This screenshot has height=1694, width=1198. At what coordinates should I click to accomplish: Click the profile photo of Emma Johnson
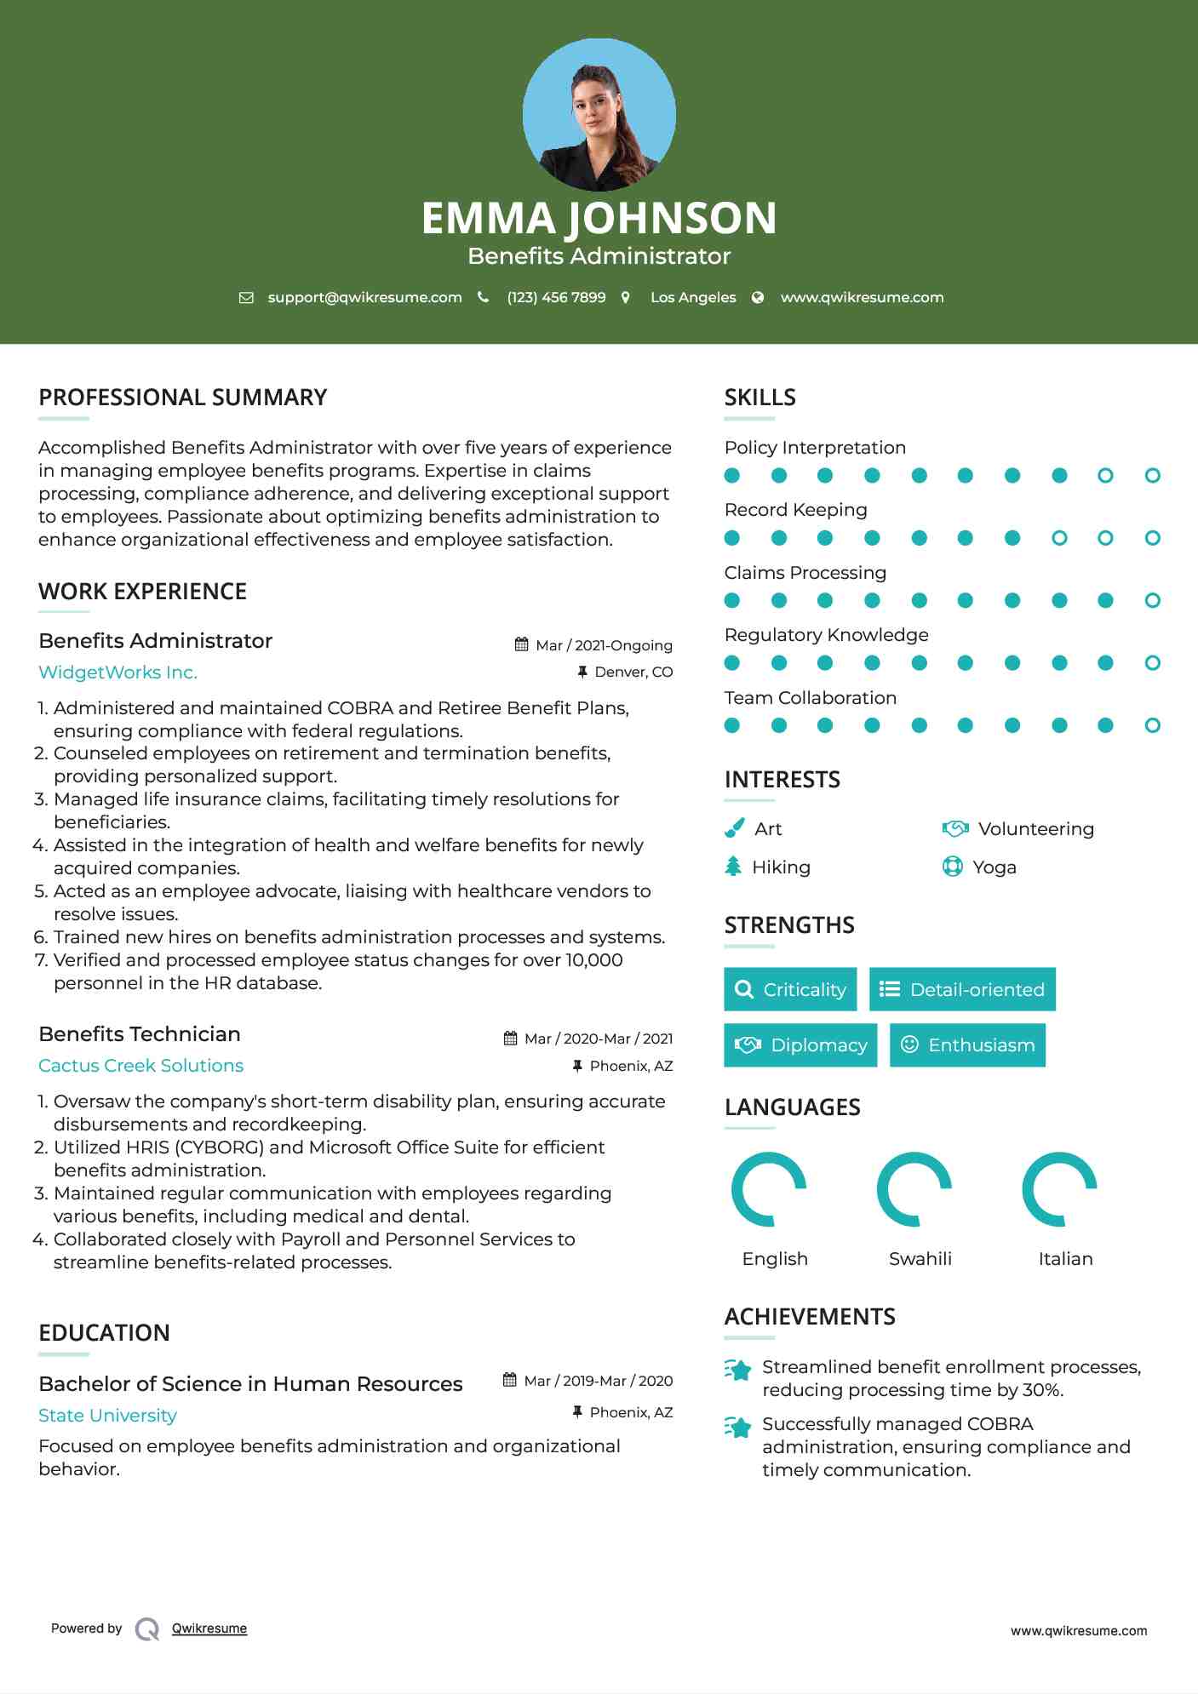(599, 114)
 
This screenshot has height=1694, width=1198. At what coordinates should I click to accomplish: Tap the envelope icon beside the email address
(246, 298)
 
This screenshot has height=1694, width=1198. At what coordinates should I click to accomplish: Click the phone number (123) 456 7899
(556, 298)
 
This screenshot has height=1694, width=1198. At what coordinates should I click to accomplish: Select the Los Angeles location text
(693, 298)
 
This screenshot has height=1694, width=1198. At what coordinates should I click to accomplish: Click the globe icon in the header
(758, 298)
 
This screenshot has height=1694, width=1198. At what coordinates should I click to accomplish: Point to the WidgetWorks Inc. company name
(118, 672)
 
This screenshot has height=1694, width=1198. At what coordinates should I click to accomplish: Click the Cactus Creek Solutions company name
(140, 1066)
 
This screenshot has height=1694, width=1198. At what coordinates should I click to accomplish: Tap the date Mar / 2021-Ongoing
(604, 645)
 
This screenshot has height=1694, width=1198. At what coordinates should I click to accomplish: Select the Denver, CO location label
(633, 672)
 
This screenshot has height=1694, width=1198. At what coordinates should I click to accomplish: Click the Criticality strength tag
(790, 989)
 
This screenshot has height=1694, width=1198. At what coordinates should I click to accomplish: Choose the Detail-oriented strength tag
(962, 989)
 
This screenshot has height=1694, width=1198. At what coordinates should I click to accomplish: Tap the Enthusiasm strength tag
(967, 1045)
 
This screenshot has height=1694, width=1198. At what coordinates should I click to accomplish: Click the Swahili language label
(920, 1259)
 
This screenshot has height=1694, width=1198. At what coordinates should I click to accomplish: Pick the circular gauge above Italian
(1059, 1189)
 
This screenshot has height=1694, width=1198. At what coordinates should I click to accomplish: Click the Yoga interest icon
(952, 867)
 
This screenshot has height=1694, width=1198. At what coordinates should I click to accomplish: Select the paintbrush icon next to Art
(734, 828)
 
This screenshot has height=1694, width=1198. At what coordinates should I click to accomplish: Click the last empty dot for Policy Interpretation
(1152, 476)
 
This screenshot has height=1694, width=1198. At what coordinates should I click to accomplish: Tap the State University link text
(107, 1416)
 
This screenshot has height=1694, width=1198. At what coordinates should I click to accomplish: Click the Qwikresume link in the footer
(209, 1628)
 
